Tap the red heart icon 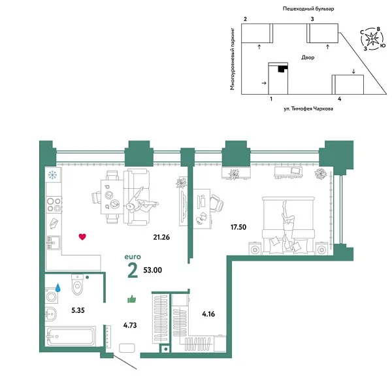82,237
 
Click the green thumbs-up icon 131,299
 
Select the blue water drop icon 59,287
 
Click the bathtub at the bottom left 70,337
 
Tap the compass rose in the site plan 372,39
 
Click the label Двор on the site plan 308,57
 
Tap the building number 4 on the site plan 340,98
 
